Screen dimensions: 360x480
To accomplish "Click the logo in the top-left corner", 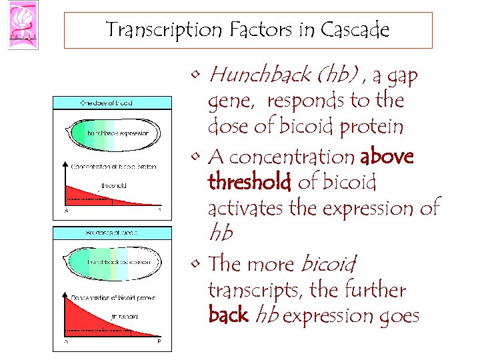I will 23,24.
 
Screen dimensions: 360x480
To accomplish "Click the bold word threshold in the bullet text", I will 249,181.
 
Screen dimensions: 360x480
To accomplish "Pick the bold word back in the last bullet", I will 228,315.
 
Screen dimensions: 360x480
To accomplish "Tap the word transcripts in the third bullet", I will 251,290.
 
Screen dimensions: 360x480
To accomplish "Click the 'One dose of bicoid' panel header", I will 107,103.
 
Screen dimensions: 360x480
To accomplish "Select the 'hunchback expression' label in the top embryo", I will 118,133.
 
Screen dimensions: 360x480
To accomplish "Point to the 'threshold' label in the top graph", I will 113,185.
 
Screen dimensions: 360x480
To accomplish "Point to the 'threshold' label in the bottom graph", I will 125,317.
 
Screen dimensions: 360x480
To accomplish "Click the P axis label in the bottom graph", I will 159,341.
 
